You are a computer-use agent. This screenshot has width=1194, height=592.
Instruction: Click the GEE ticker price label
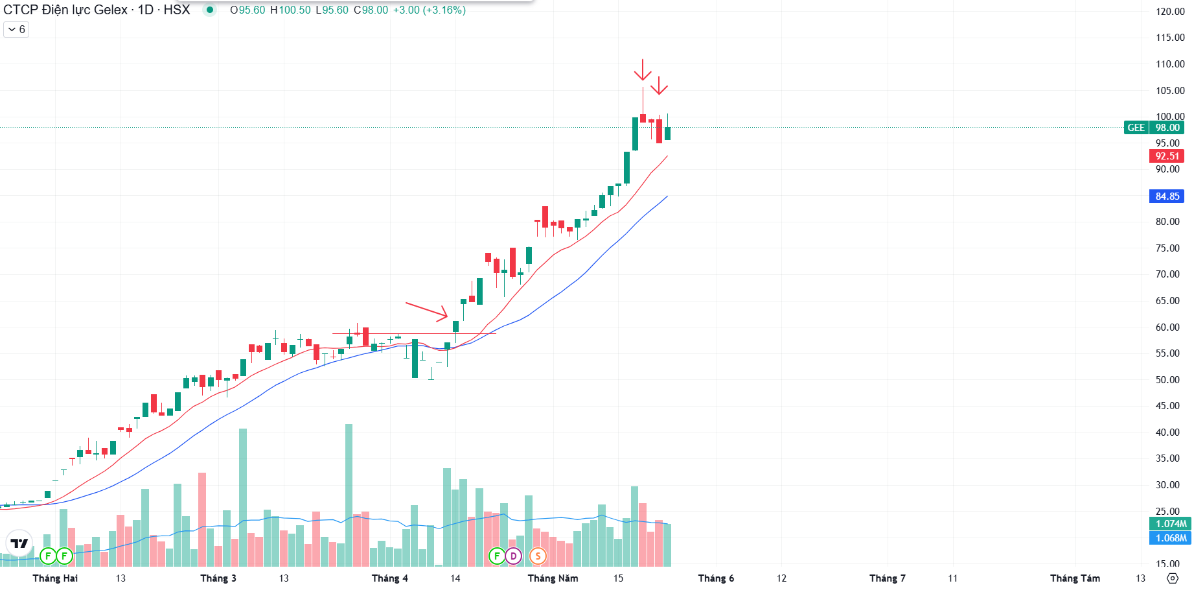(x=1154, y=128)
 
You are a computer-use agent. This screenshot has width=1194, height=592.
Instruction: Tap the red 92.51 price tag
(x=1167, y=156)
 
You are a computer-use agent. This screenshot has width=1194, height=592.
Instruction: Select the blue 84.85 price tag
(x=1167, y=196)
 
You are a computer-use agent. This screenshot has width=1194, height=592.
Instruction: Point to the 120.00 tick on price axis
(x=1170, y=11)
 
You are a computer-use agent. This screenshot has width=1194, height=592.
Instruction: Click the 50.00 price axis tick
(x=1167, y=380)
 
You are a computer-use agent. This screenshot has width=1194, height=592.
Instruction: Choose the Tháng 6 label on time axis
(x=716, y=578)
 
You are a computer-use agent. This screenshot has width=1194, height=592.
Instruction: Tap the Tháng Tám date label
(x=1075, y=578)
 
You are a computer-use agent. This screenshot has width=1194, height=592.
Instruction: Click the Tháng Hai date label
(x=55, y=578)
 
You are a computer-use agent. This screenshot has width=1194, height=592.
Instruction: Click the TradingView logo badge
(x=19, y=543)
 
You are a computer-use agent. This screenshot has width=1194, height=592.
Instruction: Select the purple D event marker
(x=513, y=556)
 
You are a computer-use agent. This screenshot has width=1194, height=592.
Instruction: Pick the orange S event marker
(x=538, y=556)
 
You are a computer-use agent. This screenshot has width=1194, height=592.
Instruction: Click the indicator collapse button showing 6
(x=16, y=29)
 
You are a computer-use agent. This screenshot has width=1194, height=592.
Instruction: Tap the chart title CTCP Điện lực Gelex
(x=65, y=10)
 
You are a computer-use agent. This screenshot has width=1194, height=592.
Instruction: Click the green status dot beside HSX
(x=209, y=10)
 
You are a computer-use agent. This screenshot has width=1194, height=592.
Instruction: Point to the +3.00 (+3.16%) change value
(x=430, y=10)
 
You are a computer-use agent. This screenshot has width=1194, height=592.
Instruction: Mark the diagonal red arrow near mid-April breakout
(x=427, y=311)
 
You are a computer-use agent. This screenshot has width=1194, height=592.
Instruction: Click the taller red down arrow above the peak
(x=642, y=69)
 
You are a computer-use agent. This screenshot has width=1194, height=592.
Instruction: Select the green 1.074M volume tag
(x=1171, y=524)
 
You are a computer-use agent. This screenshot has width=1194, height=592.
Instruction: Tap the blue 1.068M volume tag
(x=1171, y=538)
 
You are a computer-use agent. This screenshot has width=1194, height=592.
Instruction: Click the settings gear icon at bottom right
(x=1172, y=578)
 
